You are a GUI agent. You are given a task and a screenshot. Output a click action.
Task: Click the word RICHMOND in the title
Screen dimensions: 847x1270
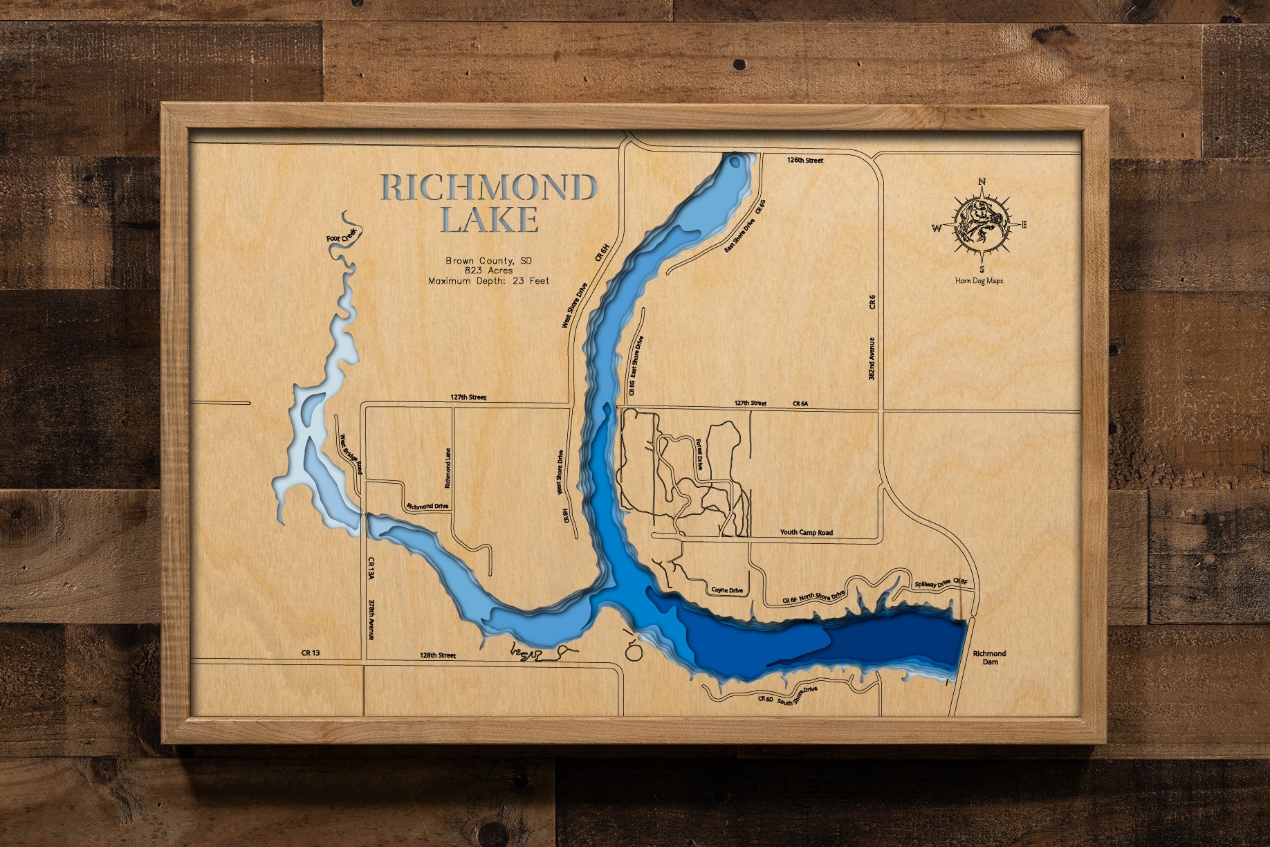click(x=488, y=188)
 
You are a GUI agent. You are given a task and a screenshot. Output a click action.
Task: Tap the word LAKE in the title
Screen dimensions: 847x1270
click(x=490, y=220)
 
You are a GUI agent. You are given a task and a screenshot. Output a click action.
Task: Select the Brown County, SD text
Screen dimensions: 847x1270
click(x=488, y=261)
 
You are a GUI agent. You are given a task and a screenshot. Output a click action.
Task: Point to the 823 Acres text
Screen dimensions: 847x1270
click(x=488, y=271)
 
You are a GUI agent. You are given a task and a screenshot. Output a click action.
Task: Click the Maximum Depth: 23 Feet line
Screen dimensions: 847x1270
click(x=488, y=281)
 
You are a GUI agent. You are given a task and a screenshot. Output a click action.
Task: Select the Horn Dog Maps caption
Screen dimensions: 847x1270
click(x=979, y=280)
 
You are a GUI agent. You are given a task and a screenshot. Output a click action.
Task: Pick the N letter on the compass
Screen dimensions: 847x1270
click(x=982, y=182)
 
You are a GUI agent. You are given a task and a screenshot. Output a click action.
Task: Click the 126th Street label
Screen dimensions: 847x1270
click(x=805, y=161)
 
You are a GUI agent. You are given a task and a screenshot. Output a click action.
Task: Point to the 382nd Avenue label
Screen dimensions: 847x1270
click(x=872, y=358)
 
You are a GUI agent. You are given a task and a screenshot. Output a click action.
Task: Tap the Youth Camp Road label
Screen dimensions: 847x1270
click(x=806, y=532)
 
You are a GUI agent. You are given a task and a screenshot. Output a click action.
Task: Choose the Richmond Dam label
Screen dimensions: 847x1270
click(x=989, y=657)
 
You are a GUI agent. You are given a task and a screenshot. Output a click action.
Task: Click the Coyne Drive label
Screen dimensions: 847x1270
click(x=727, y=590)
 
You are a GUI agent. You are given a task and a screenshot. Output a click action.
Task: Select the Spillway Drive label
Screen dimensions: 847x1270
click(x=933, y=584)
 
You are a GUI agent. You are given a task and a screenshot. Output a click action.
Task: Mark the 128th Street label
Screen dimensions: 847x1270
click(x=438, y=655)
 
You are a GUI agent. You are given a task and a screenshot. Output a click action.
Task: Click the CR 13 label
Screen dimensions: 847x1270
click(x=311, y=653)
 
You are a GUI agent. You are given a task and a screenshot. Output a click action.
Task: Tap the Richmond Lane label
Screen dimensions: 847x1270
click(x=448, y=468)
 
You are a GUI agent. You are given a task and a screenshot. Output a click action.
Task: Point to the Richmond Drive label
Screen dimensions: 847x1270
click(x=427, y=507)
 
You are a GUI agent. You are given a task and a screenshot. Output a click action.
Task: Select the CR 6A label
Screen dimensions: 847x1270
click(x=800, y=403)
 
